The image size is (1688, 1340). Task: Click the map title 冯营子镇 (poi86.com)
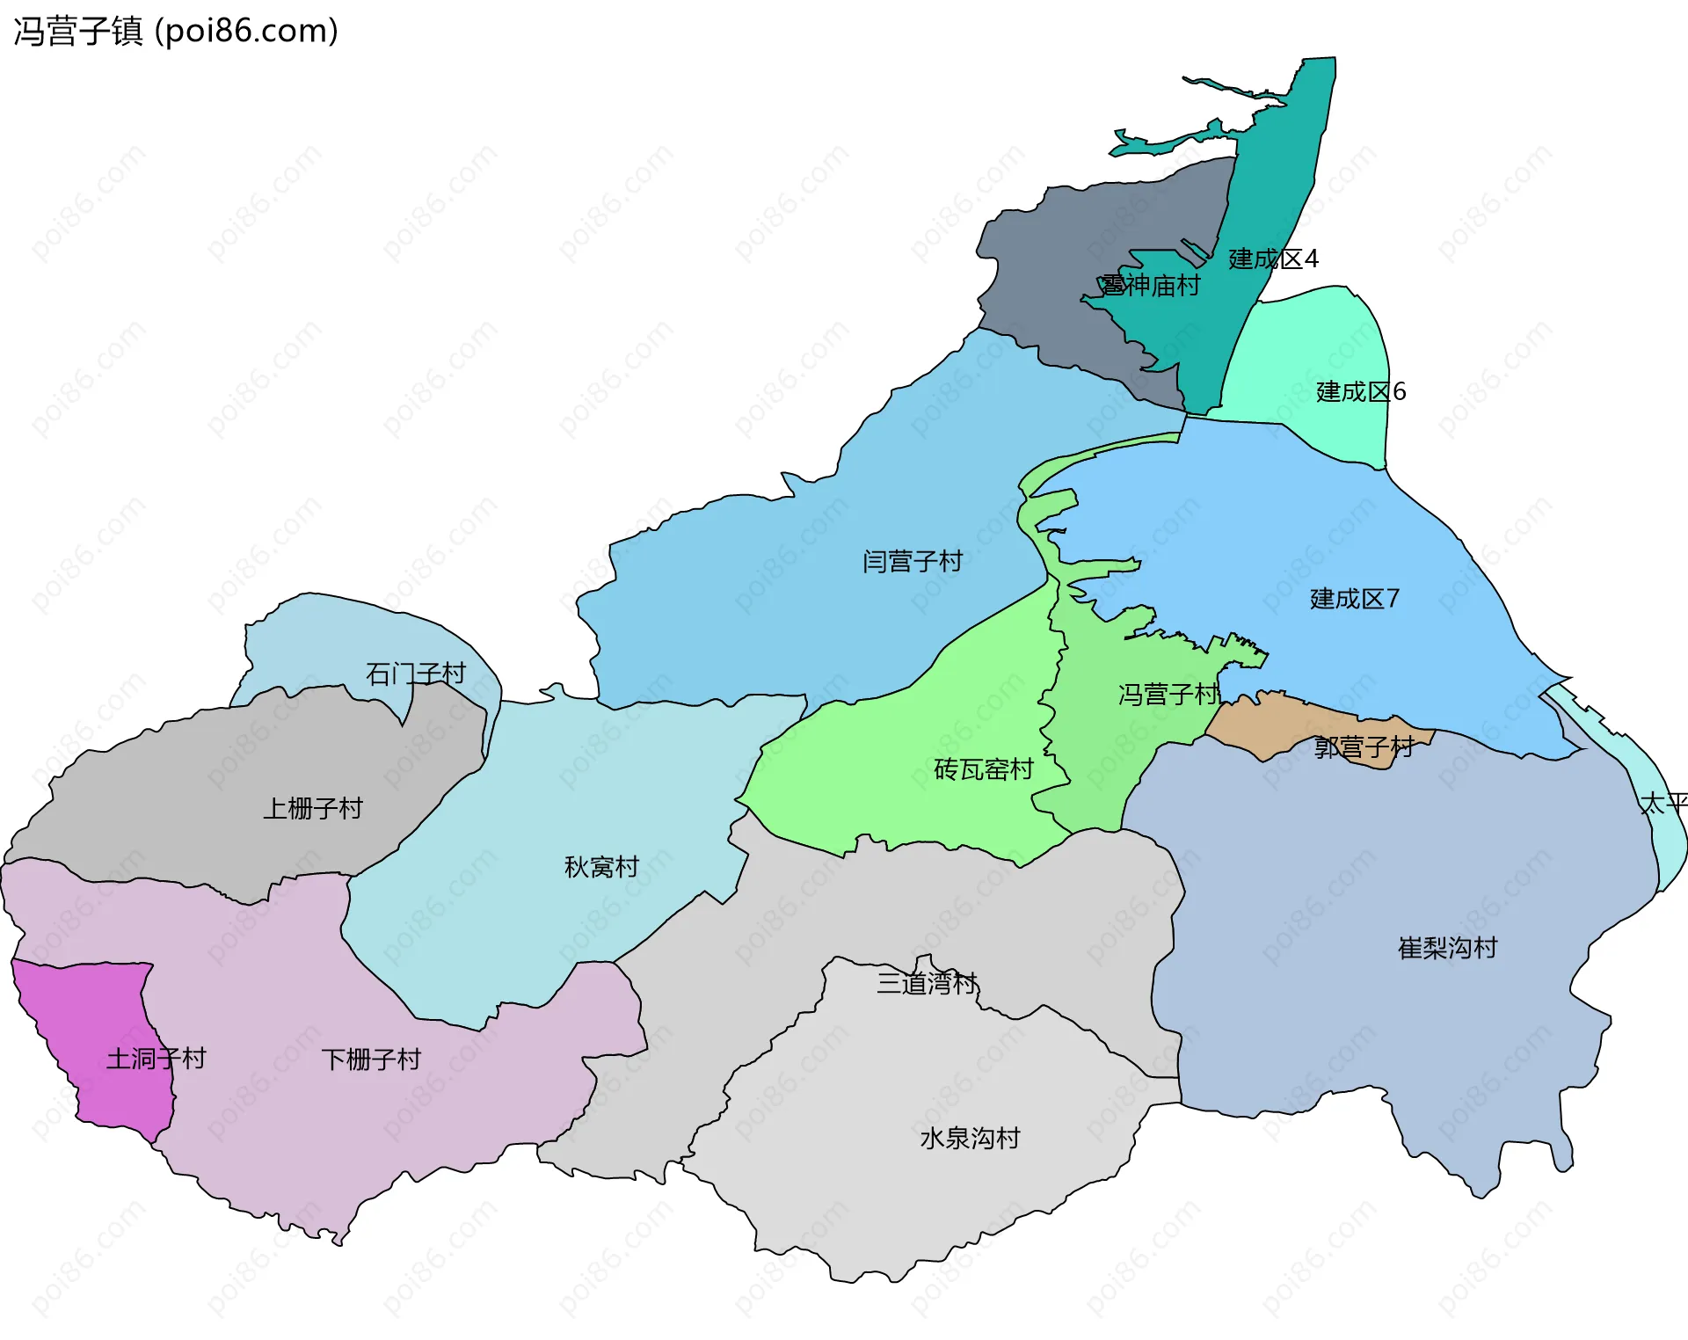176,32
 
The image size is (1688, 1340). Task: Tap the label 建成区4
1272,259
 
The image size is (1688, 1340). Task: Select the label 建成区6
1360,392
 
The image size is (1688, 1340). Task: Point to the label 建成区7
1354,600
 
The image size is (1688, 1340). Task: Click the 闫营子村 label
913,562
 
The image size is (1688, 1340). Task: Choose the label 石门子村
415,674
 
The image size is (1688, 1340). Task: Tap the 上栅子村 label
313,809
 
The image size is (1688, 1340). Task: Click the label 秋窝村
601,868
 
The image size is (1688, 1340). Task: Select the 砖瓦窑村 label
983,770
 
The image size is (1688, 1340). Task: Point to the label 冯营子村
1168,695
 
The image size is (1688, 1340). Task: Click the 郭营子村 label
1364,748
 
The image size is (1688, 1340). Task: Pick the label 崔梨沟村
1447,949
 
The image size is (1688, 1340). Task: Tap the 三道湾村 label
927,984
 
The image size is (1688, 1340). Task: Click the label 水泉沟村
970,1140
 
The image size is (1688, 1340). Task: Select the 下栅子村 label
371,1060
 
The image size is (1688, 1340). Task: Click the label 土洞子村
156,1059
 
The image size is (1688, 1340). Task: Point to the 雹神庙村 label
1150,286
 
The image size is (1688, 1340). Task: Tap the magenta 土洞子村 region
97,1011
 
